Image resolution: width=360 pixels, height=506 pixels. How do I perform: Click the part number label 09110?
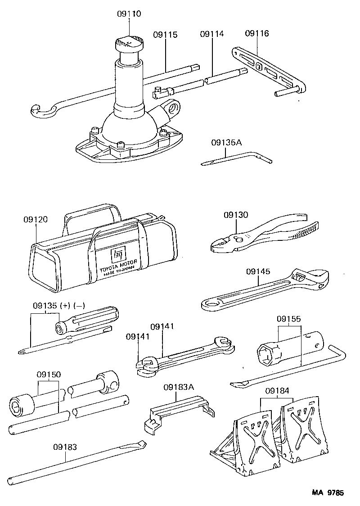pyautogui.click(x=129, y=14)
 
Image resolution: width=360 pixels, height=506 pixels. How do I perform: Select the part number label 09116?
pyautogui.click(x=257, y=33)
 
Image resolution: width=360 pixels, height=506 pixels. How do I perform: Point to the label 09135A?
pyautogui.click(x=226, y=143)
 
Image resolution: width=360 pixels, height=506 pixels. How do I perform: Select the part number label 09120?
pyautogui.click(x=36, y=219)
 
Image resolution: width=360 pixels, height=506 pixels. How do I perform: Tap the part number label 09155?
pyautogui.click(x=289, y=319)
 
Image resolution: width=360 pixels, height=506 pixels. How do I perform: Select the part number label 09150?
pyautogui.click(x=49, y=374)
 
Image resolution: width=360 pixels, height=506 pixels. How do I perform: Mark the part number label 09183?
pyautogui.click(x=65, y=447)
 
